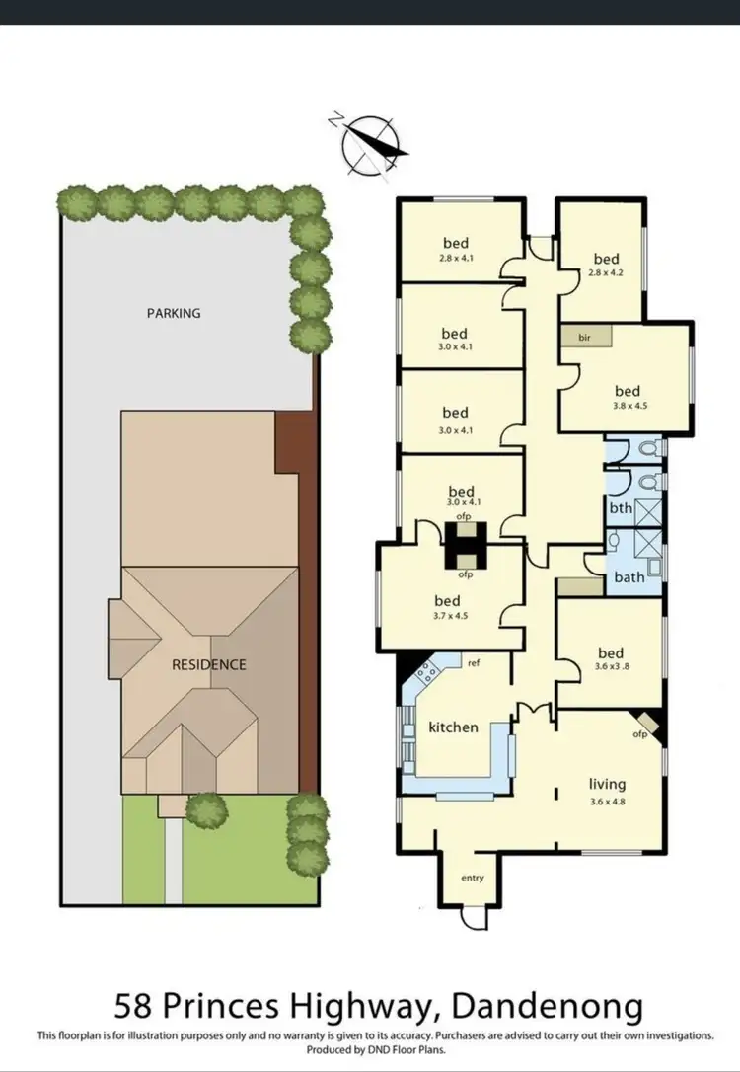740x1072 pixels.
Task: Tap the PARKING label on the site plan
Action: click(x=174, y=313)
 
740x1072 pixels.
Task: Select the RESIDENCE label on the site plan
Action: click(x=209, y=664)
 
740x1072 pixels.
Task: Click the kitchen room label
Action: click(x=453, y=727)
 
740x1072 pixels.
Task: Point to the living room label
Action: click(x=608, y=785)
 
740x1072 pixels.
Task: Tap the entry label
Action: click(x=473, y=877)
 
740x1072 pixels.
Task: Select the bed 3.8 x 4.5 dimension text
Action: click(x=628, y=405)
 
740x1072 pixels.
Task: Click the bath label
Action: click(x=629, y=575)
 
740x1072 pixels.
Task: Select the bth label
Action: click(x=620, y=508)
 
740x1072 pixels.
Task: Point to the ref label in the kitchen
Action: click(x=474, y=662)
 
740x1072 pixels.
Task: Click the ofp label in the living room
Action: click(x=638, y=733)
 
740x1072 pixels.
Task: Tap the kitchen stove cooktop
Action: click(x=429, y=673)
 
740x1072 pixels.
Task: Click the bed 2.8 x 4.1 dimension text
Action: click(x=455, y=258)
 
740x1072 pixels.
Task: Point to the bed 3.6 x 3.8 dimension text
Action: click(x=611, y=666)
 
